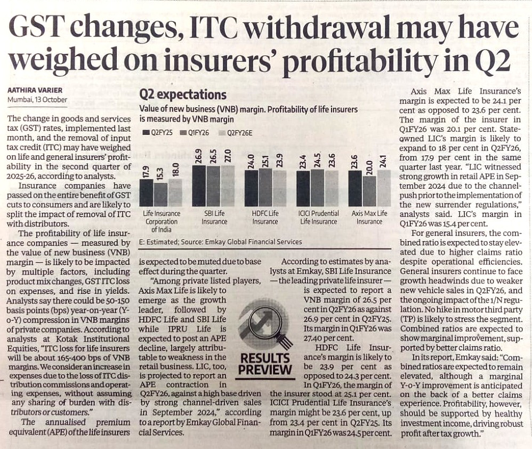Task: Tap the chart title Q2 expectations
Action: (x=182, y=95)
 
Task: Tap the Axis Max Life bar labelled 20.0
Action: (x=369, y=191)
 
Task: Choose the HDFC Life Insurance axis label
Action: (x=265, y=218)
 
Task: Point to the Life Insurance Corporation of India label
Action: (x=162, y=221)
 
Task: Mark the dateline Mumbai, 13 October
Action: (x=37, y=100)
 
